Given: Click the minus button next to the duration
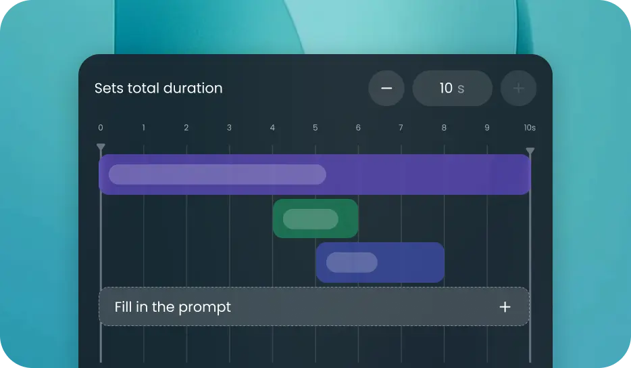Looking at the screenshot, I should tap(386, 89).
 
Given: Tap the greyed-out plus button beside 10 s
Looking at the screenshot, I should tap(519, 89).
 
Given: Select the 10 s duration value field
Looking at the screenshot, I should tap(452, 89).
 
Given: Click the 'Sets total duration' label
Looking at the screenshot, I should tap(158, 89).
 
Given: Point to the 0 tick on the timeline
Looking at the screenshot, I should tap(101, 128).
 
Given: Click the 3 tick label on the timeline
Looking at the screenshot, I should tap(229, 128).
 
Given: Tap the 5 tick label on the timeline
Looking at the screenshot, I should tap(315, 128).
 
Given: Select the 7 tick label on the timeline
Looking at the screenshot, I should tap(401, 128).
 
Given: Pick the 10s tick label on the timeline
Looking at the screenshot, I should tap(529, 128).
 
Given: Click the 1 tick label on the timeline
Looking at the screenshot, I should tap(143, 128).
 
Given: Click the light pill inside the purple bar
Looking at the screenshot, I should tap(217, 175).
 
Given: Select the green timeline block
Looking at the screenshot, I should tap(347, 218).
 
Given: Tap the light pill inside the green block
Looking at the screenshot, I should tap(311, 219).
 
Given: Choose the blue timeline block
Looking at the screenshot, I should tap(412, 262).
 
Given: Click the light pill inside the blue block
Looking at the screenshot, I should tap(351, 262).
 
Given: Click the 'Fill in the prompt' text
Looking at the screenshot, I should tap(173, 307).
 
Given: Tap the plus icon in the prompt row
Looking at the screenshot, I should tap(505, 307).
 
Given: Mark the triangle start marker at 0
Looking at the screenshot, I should tap(101, 147).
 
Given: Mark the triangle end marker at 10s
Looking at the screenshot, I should tap(530, 151).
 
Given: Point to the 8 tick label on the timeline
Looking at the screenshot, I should tap(444, 128).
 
